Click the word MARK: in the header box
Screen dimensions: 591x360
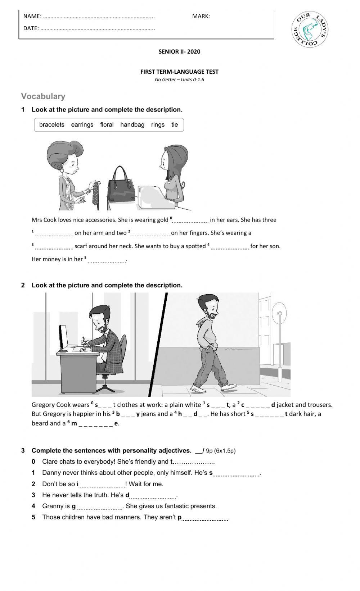pos(201,16)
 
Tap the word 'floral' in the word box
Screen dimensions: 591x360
pos(107,125)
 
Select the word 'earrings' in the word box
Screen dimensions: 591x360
pos(82,125)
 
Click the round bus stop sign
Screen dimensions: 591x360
pos(279,313)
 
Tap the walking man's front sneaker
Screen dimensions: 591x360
pos(229,387)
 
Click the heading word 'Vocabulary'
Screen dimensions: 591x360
pos(43,96)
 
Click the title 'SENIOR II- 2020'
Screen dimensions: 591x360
pos(179,51)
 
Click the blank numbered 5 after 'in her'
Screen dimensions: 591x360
pos(107,260)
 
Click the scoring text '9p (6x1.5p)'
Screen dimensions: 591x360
pos(221,451)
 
